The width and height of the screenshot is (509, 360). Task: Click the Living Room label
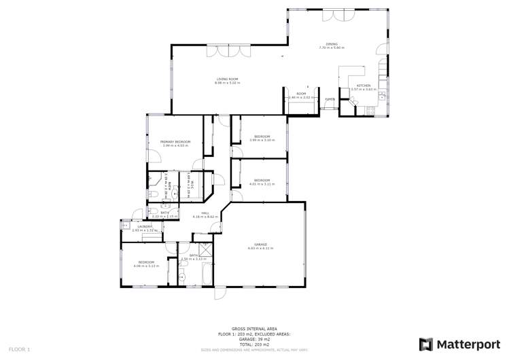point(228,79)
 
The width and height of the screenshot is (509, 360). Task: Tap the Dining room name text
point(332,44)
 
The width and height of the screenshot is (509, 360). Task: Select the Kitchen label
point(363,86)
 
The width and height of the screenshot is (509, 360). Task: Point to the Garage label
point(261,244)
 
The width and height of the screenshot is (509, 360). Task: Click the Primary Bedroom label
point(175,141)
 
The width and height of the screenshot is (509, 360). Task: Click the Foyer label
point(330,100)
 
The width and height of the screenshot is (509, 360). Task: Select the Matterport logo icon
point(426,344)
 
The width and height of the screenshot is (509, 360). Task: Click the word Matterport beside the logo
point(465,344)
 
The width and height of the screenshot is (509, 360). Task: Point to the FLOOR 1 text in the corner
point(19,349)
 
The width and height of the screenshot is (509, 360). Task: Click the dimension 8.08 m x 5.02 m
point(228,83)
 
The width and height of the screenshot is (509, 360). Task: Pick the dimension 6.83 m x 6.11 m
point(261,248)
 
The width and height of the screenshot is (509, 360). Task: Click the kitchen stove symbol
point(371,109)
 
